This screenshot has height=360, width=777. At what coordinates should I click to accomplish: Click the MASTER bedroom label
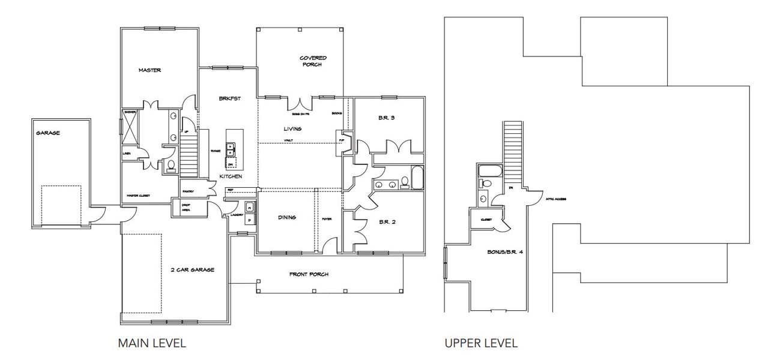(150, 70)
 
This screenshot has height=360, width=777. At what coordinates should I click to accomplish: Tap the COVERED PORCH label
(313, 61)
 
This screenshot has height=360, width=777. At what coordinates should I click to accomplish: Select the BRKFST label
(229, 99)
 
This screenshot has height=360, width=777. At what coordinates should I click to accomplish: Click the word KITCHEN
(231, 176)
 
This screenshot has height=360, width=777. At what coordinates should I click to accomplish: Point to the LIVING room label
(292, 129)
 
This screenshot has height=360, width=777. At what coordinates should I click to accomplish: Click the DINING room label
(287, 218)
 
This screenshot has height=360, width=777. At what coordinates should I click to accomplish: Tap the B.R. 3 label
(386, 118)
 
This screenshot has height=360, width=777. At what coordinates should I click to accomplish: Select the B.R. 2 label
(386, 222)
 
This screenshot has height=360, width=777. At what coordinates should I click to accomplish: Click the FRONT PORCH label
(309, 274)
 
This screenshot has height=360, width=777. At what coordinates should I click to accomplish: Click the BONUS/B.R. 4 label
(505, 253)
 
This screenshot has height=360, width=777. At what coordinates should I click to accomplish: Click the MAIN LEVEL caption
(152, 343)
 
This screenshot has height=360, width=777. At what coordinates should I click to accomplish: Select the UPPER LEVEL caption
(481, 343)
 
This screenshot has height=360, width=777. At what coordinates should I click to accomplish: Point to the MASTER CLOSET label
(139, 196)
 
